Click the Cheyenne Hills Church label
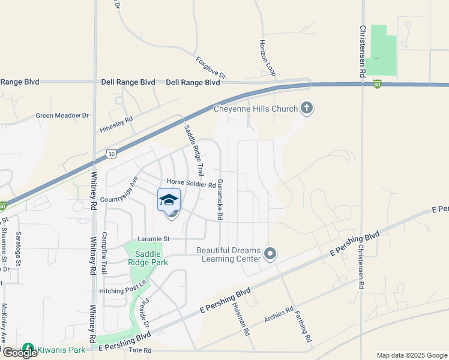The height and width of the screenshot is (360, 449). pyautogui.click(x=256, y=109)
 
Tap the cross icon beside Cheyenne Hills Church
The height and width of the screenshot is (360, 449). pyautogui.click(x=307, y=108)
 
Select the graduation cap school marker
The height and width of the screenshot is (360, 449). pyautogui.click(x=169, y=200)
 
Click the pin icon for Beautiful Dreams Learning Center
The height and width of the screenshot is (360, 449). pyautogui.click(x=270, y=254)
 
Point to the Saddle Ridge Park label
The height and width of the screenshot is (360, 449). pyautogui.click(x=147, y=257)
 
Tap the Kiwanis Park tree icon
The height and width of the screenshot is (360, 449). pyautogui.click(x=28, y=348)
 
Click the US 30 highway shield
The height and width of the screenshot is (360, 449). pyautogui.click(x=111, y=154)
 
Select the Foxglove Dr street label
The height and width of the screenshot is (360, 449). pyautogui.click(x=211, y=68)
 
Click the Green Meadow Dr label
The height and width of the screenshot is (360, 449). pyautogui.click(x=62, y=115)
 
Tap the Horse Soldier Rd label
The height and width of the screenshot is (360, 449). pyautogui.click(x=191, y=184)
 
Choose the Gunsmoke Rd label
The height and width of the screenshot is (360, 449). pyautogui.click(x=220, y=199)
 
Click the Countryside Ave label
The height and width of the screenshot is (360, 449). pyautogui.click(x=119, y=190)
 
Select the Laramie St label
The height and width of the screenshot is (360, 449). pyautogui.click(x=153, y=238)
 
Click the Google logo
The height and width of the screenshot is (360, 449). pyautogui.click(x=19, y=353)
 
